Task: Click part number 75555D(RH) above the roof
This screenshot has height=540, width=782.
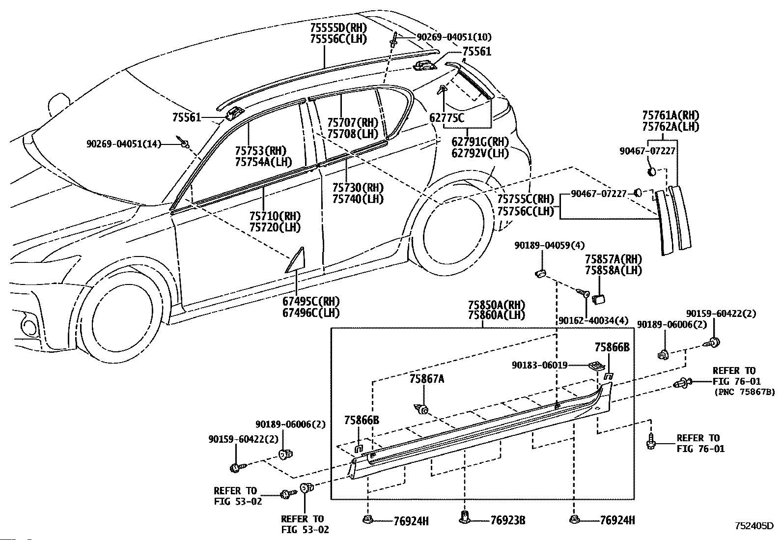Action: (338, 27)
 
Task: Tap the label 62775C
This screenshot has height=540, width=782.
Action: (447, 118)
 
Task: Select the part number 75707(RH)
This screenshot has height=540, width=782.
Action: (353, 122)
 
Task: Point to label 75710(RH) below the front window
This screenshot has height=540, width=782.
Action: (275, 216)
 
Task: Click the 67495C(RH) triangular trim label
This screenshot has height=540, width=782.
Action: (311, 301)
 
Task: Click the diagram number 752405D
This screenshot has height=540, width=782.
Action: (754, 526)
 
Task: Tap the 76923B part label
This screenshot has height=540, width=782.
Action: (508, 520)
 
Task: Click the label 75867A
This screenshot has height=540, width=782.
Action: (427, 379)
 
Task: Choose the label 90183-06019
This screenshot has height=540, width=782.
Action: (539, 365)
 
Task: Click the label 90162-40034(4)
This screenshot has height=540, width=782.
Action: (593, 320)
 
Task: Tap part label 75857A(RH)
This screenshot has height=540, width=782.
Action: (614, 259)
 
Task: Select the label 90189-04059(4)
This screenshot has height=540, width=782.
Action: (550, 246)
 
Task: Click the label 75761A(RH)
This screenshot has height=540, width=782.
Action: (671, 115)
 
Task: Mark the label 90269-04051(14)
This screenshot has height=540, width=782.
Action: (124, 144)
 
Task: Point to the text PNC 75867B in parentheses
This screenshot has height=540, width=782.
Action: (744, 392)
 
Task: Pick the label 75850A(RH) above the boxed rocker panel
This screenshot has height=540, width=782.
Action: (497, 305)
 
